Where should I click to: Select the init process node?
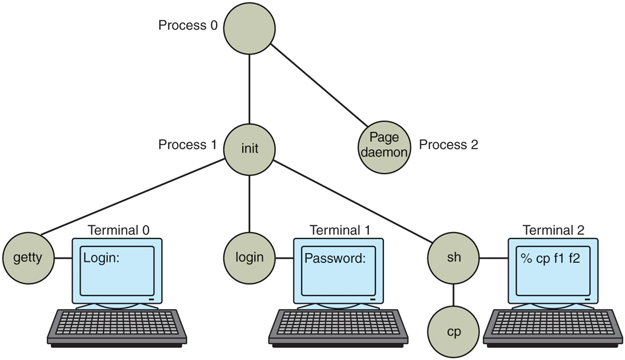coord(250,149)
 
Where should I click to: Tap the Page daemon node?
coord(384,145)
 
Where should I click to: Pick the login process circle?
coord(250,258)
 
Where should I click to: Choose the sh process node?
coord(453,258)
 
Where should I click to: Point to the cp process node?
coord(454,331)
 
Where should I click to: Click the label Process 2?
coord(448,145)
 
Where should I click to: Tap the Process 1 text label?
coord(187,145)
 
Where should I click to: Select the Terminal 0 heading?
coord(118,230)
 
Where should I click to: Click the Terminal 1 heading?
coord(339,230)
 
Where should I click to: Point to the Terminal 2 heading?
coord(553,230)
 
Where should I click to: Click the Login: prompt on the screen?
coord(101,258)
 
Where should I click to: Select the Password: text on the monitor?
coord(334,258)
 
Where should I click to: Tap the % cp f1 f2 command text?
coord(550,258)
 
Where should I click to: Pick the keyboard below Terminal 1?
coord(338,326)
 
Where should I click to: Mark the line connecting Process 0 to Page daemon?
coord(319,86)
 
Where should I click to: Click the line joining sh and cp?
coord(454,295)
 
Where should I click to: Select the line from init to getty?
coord(131,197)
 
